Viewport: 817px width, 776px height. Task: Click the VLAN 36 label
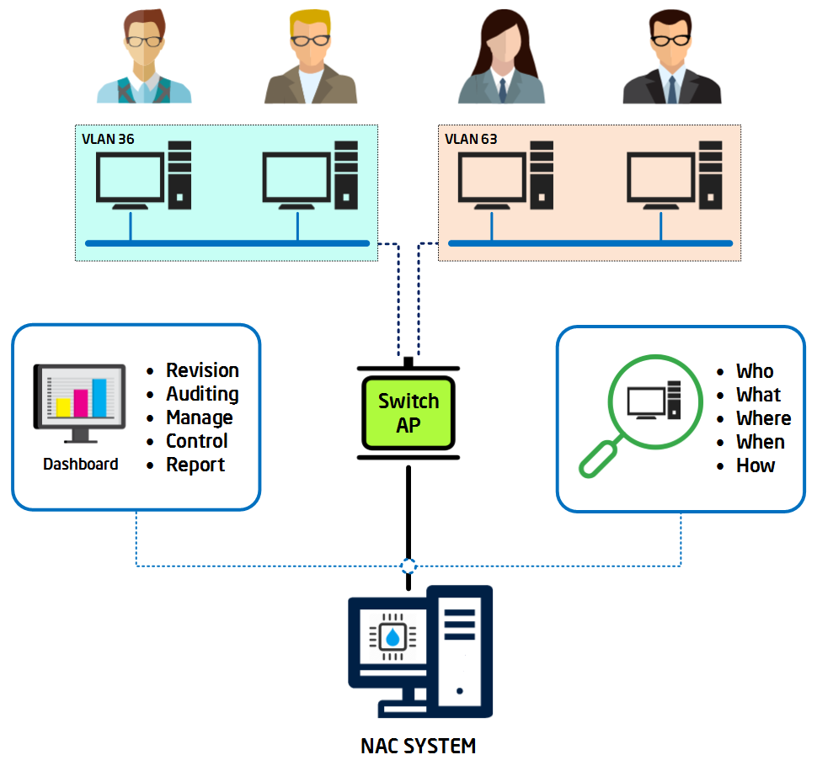pos(108,139)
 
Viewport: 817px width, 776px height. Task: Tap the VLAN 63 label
pos(471,139)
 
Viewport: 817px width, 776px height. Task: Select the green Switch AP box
pos(408,413)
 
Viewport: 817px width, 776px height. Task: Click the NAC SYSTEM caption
pos(418,746)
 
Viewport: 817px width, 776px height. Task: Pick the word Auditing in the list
pos(202,394)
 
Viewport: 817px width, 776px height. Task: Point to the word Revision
pos(202,370)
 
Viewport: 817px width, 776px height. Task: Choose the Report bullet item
pos(195,465)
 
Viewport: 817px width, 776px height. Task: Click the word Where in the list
pos(764,418)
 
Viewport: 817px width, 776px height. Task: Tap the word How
pos(756,465)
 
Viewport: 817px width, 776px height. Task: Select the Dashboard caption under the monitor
pos(81,464)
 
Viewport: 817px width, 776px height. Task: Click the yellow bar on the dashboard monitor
pos(63,407)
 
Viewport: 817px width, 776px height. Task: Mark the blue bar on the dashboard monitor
pos(99,398)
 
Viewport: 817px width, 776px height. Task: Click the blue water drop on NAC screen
pos(392,637)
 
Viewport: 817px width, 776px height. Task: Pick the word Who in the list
pos(755,371)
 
